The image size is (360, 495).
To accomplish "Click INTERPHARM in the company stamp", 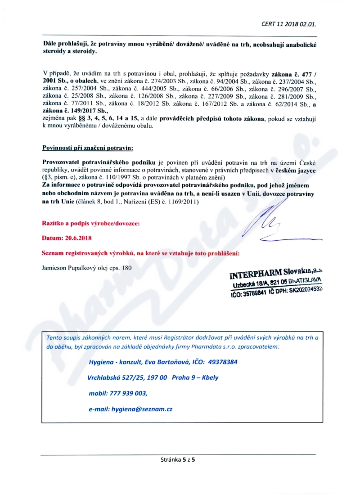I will (x=256, y=274).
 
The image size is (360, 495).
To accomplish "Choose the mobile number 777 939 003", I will (x=128, y=393).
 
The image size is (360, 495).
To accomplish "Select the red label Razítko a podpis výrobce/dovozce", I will (x=90, y=223).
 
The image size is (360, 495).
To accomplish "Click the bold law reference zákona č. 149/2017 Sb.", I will (x=67, y=110).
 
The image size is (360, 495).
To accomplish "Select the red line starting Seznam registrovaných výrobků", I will (x=140, y=253).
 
